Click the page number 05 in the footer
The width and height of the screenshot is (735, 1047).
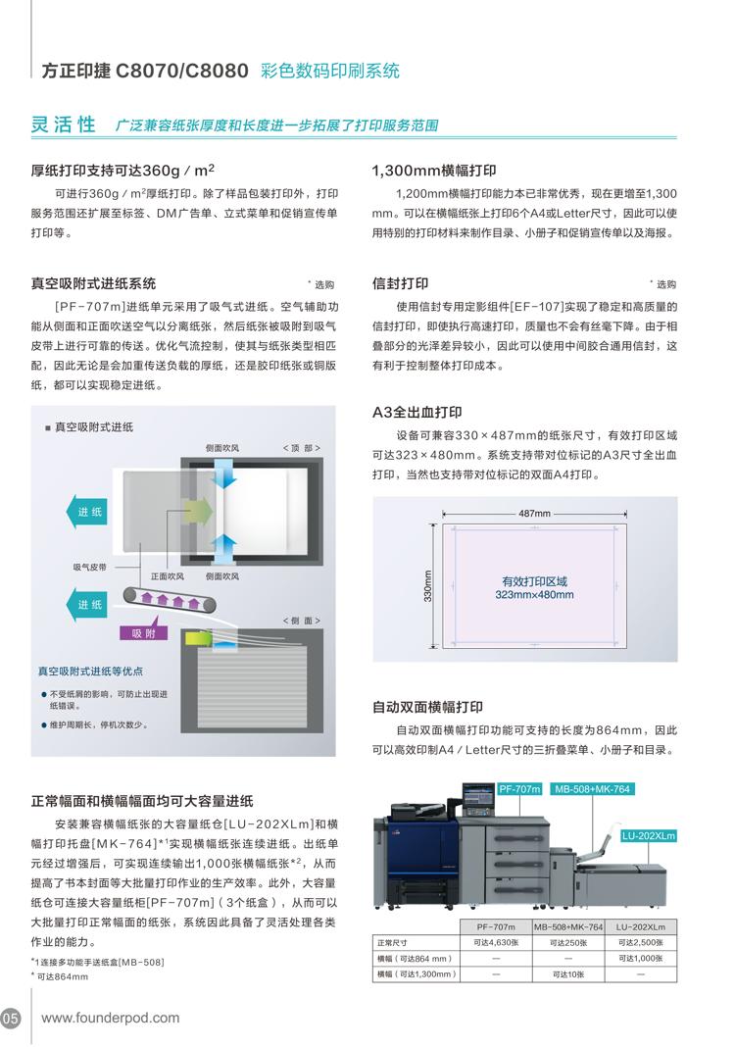10,1019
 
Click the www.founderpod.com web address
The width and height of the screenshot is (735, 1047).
110,1019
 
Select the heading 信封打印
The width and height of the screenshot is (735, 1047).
400,283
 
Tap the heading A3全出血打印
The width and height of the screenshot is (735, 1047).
416,412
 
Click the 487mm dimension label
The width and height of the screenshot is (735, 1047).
534,514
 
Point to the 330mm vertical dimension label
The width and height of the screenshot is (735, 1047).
428,585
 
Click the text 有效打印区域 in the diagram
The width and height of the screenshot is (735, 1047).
534,581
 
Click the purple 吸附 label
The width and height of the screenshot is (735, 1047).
143,633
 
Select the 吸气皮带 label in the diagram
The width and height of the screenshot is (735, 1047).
89,567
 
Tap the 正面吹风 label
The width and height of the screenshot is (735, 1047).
167,575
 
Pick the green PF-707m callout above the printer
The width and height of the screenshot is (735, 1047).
519,788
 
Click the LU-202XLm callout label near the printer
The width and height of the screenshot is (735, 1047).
648,835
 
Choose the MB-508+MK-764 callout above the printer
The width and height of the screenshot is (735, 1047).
592,788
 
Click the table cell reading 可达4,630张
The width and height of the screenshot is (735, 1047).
496,942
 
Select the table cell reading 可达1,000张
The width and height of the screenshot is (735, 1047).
640,958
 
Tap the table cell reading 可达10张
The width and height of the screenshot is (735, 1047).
568,974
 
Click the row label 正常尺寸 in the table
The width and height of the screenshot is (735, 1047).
393,942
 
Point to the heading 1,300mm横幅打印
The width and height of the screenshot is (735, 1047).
434,171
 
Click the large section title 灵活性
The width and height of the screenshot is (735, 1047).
64,125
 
